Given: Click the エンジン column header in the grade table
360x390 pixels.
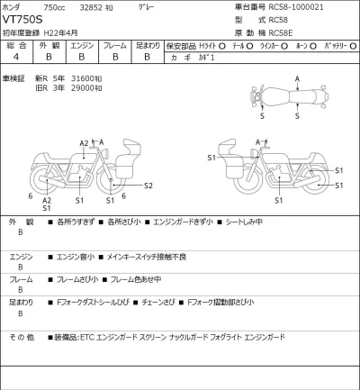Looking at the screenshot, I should point(81,44).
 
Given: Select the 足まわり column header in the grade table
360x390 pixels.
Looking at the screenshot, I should point(148,44).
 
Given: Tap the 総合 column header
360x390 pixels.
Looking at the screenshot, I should point(15,44).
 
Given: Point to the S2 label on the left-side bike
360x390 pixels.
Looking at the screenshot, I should point(148,186).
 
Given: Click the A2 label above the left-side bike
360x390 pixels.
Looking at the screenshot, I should point(84,142).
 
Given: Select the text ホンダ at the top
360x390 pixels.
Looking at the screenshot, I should point(13,7).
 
